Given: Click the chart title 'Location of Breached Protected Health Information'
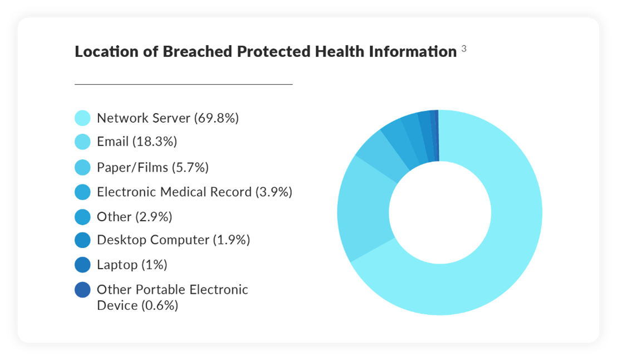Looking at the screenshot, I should [266, 52].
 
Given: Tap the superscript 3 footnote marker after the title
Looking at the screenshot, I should [464, 50].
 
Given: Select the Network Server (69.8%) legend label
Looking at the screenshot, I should [168, 118].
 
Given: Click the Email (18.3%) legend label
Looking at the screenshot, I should [136, 142].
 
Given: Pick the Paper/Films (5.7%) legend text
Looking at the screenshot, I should [153, 167].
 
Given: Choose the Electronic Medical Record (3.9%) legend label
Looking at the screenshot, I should [194, 192].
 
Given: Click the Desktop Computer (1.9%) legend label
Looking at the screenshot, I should [173, 240].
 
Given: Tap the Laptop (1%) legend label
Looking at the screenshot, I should [132, 265].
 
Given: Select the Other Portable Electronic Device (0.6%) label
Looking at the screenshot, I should [172, 298].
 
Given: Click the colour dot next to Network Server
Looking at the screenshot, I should [82, 118].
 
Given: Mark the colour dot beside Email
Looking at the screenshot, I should [82, 142].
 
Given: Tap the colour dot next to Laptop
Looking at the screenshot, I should [82, 265].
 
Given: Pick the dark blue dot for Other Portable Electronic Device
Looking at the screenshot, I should [82, 290].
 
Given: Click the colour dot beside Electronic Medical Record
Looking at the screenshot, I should [82, 192].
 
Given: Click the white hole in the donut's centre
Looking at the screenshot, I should [440, 212].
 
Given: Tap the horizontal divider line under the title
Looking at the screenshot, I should [183, 84].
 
